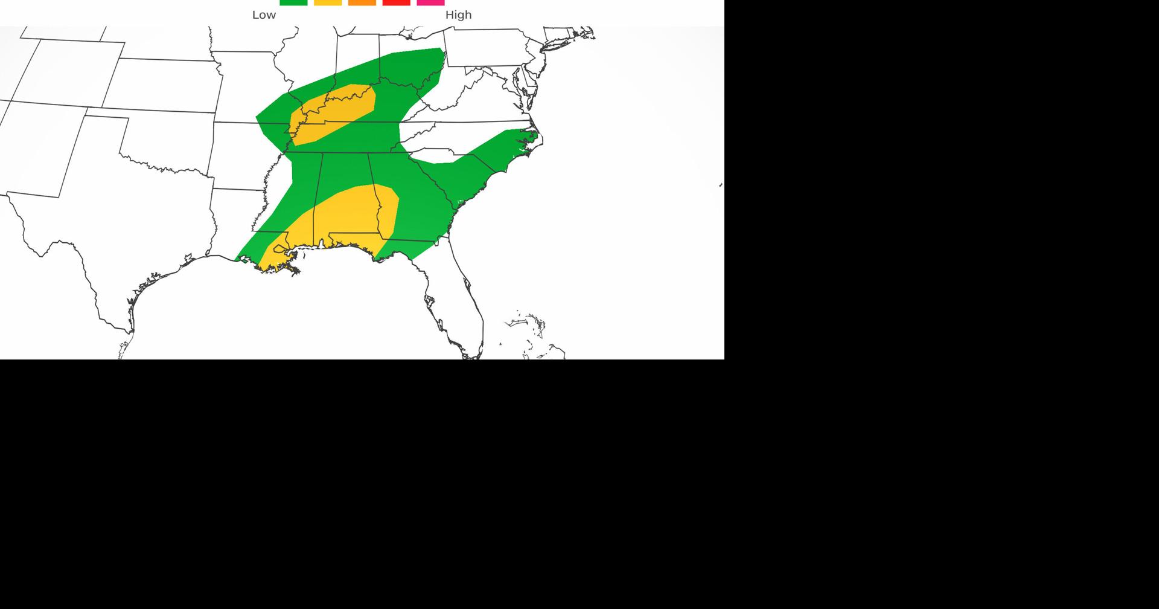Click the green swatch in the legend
[x=293, y=2]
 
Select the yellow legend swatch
[x=328, y=2]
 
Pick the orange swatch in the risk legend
[x=362, y=2]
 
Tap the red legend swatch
[x=397, y=2]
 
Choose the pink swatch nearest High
[x=430, y=2]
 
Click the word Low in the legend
[x=264, y=15]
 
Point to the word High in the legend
[x=458, y=15]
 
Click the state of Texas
[x=121, y=242]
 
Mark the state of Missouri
[x=247, y=91]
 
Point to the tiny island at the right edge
[x=721, y=185]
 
